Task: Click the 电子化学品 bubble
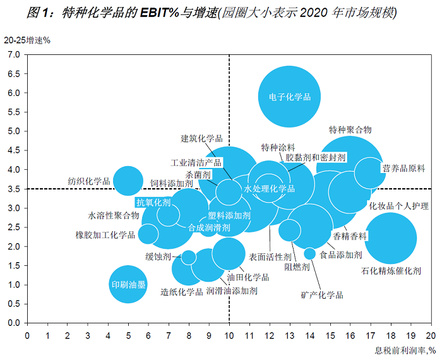click(289, 97)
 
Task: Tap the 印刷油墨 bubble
click(128, 285)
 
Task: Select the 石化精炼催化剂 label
click(391, 271)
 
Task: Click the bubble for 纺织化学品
click(128, 181)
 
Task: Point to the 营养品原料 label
click(403, 168)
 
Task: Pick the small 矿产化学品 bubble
click(309, 253)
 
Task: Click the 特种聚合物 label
click(350, 129)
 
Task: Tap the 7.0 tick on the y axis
click(14, 54)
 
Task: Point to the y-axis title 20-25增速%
click(27, 39)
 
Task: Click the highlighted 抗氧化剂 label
click(153, 202)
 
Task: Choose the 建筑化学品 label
click(201, 138)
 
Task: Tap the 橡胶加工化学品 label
click(105, 235)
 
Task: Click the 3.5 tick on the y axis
click(14, 189)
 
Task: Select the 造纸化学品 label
click(181, 292)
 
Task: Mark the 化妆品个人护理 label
click(398, 206)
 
